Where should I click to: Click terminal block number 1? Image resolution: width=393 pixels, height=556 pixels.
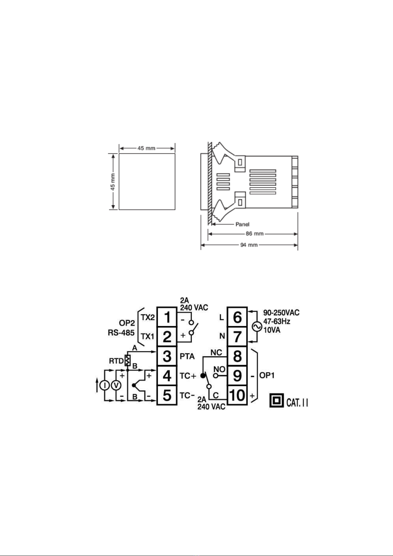point(167,317)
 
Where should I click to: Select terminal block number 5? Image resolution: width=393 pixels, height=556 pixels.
point(167,395)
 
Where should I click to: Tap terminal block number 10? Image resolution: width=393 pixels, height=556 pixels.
point(237,395)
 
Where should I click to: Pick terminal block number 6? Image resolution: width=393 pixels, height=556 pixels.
point(237,317)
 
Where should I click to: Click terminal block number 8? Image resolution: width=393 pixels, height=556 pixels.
point(237,356)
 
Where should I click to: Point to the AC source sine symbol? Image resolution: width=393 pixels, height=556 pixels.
point(257,327)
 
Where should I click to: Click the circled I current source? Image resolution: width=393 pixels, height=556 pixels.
point(105,385)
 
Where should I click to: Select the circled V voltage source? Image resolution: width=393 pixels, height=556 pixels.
point(116,385)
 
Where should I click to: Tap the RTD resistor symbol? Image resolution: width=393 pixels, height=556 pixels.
point(128,361)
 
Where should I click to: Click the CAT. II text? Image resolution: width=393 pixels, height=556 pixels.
point(297,402)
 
